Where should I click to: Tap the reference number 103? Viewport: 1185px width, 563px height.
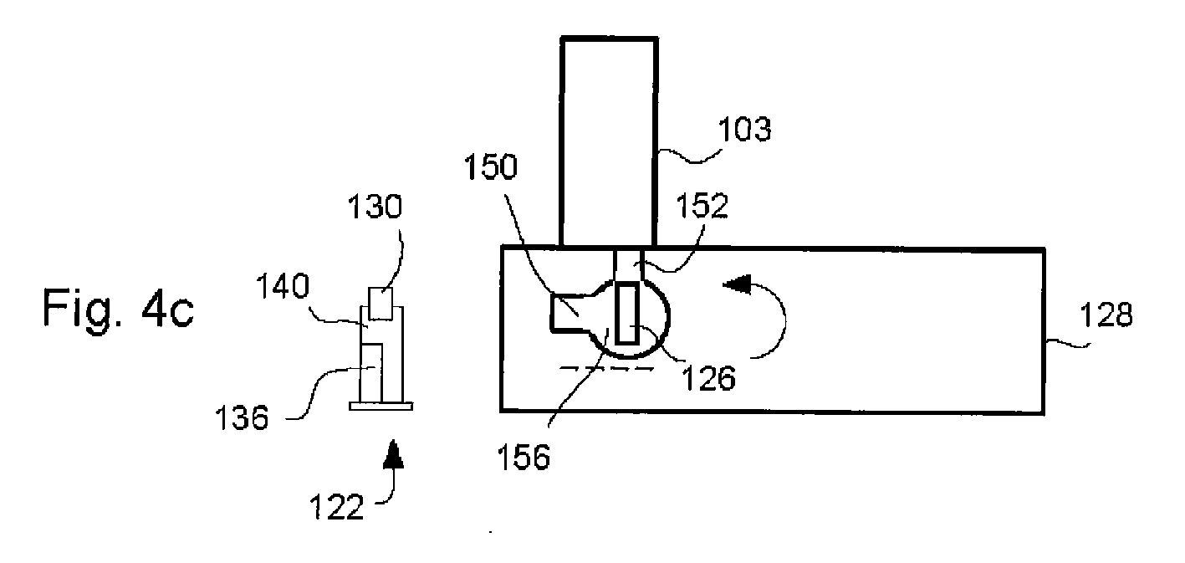pos(744,130)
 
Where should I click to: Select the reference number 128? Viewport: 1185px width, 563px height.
pos(1106,315)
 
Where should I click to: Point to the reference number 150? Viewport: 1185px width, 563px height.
pos(490,166)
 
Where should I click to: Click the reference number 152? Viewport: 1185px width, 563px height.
pos(702,205)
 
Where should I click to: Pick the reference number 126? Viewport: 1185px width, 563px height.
pos(709,378)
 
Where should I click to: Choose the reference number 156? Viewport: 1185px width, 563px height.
pos(524,457)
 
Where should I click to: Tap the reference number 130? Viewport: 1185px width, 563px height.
pos(375,207)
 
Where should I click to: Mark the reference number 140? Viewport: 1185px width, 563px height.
pos(283,287)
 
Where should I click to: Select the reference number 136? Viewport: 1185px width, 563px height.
pos(242,418)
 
